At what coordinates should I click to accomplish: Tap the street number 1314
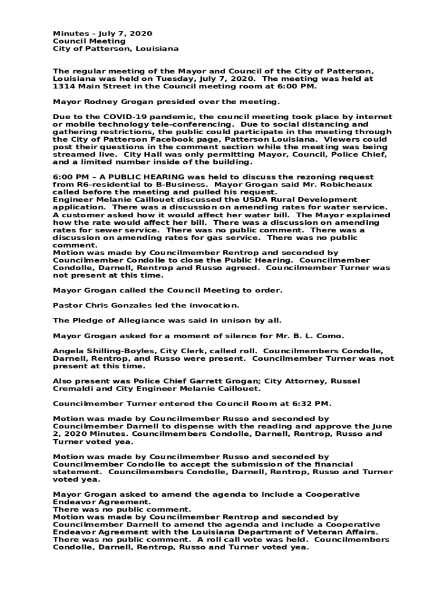(63, 86)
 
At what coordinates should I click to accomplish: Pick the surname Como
(330, 335)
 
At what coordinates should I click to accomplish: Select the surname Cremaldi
(74, 389)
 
